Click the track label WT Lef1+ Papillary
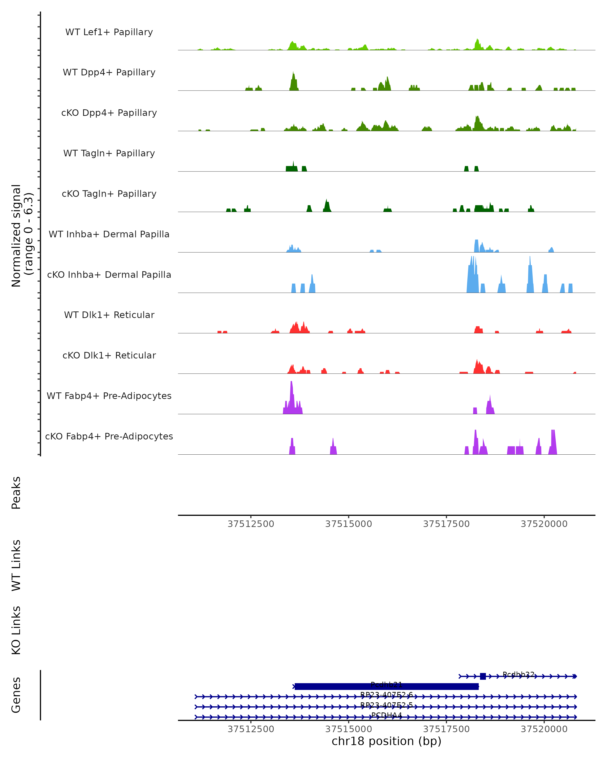pos(109,32)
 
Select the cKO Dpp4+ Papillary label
pos(109,113)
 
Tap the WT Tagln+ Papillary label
pos(109,154)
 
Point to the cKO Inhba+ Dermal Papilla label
pos(109,275)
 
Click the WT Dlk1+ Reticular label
pos(109,315)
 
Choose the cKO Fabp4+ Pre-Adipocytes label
pos(109,436)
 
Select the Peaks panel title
pos(16,493)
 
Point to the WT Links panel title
pos(16,565)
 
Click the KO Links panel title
pos(16,630)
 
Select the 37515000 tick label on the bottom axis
pos(348,729)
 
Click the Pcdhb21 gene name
pos(386,685)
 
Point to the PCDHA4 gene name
pos(386,715)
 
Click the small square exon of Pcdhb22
pos(483,676)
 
